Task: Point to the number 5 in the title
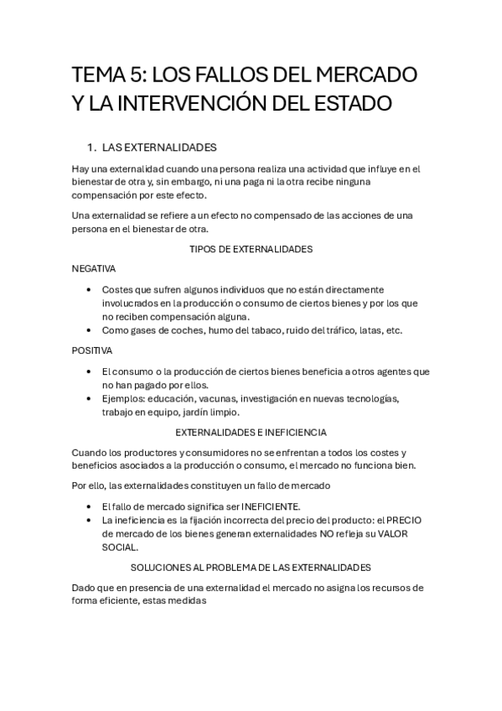137,75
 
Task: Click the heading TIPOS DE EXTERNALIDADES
251,250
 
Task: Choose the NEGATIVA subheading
94,268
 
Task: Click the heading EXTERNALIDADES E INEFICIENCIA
251,432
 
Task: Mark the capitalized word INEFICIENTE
271,506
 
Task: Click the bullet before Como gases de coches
91,330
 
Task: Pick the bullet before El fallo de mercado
91,506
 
